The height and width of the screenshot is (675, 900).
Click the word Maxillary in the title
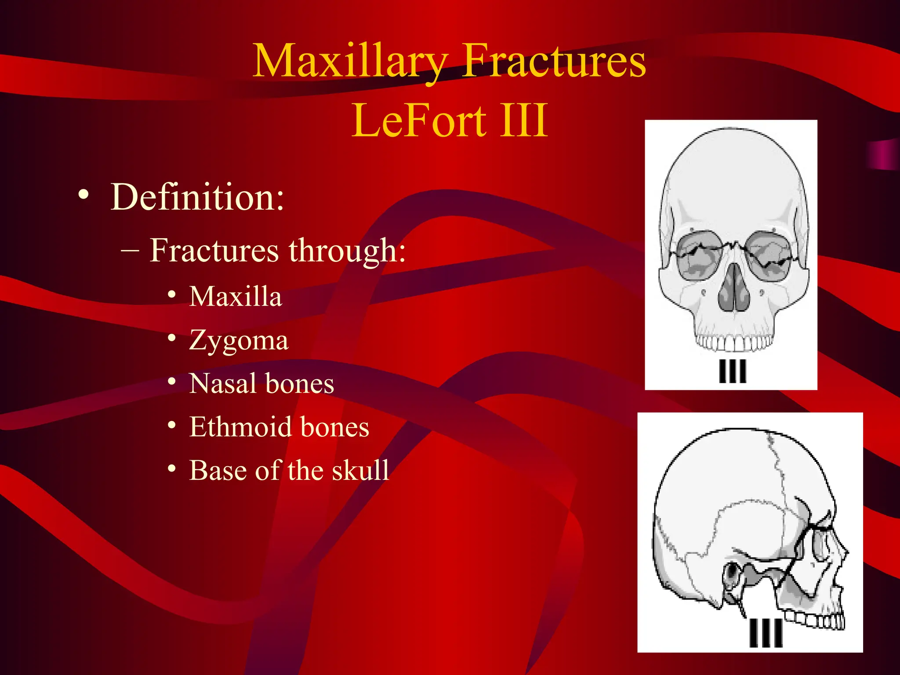coord(350,62)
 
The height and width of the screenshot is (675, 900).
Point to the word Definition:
coord(197,197)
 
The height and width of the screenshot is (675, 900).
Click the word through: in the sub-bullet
coord(347,250)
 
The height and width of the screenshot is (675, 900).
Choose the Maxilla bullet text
coord(236,296)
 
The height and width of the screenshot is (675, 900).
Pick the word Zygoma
coord(239,340)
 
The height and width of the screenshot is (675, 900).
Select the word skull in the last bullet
coord(360,470)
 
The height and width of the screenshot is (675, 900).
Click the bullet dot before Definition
coord(83,194)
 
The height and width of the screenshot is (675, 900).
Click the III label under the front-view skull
coord(732,371)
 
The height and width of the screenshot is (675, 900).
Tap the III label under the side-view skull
coord(766,633)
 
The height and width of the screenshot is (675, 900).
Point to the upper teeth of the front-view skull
coord(733,343)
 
